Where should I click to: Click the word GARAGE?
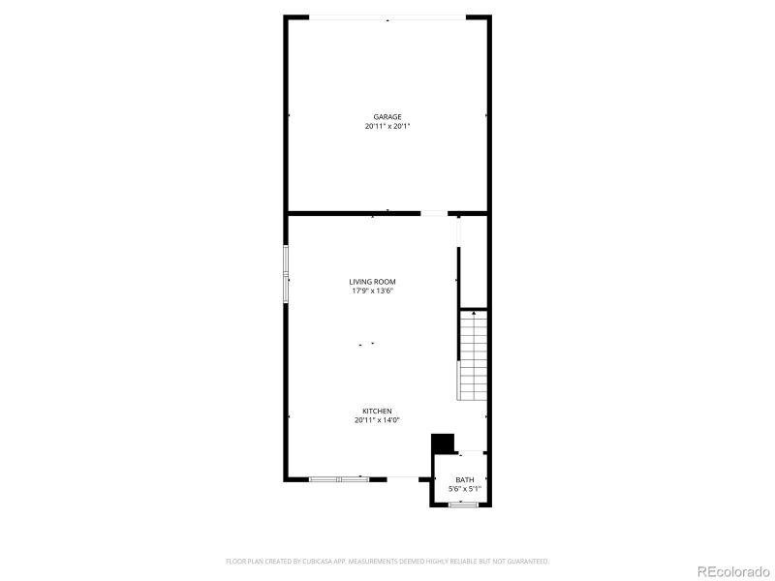click(x=387, y=117)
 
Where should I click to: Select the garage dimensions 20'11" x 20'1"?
click(x=387, y=126)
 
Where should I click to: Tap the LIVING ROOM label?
click(x=373, y=282)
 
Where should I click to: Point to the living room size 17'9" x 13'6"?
click(x=373, y=290)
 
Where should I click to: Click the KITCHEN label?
click(x=378, y=411)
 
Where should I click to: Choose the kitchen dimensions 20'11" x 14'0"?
click(x=378, y=420)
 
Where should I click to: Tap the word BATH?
click(x=465, y=480)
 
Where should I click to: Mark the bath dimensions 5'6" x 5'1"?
click(x=465, y=489)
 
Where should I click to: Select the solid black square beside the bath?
click(x=442, y=443)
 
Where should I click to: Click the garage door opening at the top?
click(x=387, y=17)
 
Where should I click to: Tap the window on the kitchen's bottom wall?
click(x=339, y=477)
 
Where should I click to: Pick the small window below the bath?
click(x=465, y=505)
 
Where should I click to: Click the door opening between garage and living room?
click(x=434, y=213)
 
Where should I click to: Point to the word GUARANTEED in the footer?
click(x=528, y=561)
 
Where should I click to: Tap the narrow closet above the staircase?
click(x=472, y=261)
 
